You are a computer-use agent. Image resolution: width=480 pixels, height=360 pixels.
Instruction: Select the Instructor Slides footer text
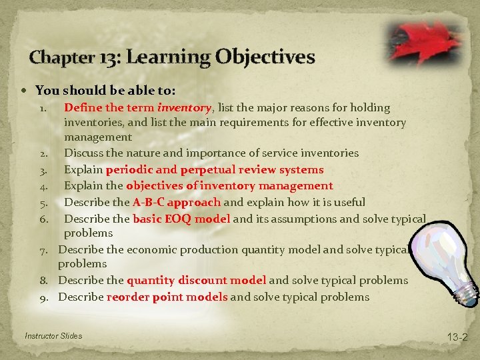[53, 335]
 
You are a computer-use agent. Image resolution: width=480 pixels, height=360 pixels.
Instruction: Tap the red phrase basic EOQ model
[181, 219]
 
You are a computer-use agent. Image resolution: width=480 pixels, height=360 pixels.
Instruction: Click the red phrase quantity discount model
[196, 280]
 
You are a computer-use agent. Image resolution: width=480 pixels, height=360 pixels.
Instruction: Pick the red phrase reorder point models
[167, 297]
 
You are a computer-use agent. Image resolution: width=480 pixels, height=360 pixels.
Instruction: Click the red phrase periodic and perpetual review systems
[214, 170]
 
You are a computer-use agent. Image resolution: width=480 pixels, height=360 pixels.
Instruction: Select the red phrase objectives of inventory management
[229, 186]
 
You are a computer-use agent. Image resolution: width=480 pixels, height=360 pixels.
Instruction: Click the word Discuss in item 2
[84, 153]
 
